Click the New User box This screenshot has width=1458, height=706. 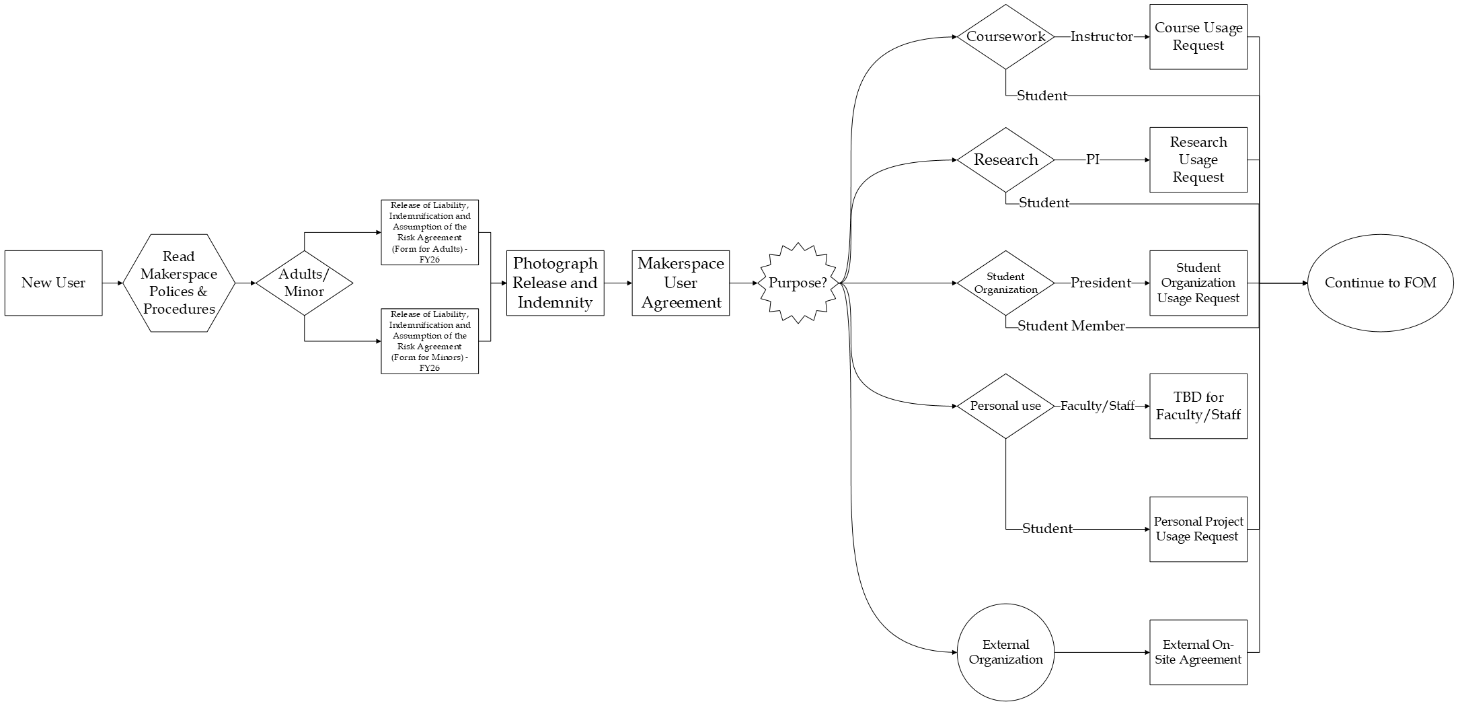point(53,283)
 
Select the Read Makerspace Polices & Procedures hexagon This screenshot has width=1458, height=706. point(179,283)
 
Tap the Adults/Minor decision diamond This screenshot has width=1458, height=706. point(304,283)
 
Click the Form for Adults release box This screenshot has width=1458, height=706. point(429,232)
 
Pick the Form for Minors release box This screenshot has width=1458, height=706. point(429,341)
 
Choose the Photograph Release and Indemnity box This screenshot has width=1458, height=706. point(555,283)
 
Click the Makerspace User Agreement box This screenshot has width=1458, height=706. point(681,283)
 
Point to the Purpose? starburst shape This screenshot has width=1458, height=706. point(798,283)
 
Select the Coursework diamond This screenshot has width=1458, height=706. point(1005,37)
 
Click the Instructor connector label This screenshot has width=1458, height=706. point(1101,37)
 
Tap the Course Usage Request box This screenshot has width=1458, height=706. point(1198,37)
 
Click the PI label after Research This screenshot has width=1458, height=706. point(1093,160)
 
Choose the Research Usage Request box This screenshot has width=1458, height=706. point(1198,160)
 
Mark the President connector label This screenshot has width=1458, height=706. point(1100,283)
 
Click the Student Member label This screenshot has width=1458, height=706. point(1071,326)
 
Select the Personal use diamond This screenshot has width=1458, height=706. point(1005,406)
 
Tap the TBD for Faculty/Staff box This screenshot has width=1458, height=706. point(1198,406)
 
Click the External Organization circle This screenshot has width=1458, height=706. point(1005,652)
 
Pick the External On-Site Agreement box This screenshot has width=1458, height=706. point(1198,652)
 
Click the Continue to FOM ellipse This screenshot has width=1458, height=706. point(1380,283)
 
